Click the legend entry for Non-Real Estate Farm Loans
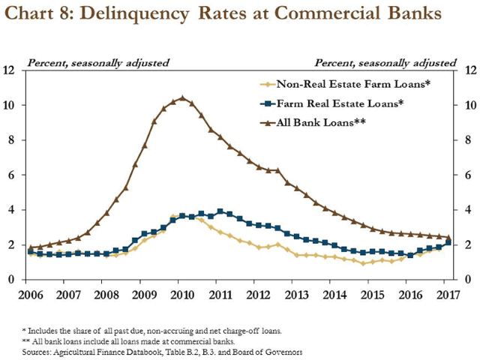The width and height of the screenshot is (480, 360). pos(342,84)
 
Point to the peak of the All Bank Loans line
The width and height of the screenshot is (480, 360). pos(182,97)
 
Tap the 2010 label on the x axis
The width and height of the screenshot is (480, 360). pos(179,294)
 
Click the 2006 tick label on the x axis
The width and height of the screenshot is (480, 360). pos(31,294)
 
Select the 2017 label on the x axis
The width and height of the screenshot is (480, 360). pos(445,294)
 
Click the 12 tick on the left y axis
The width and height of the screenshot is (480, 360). pos(10,70)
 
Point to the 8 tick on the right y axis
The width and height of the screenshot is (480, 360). pos(469,140)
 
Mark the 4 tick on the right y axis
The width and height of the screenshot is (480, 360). pos(469,210)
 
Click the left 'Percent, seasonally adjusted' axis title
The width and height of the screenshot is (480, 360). pos(98,61)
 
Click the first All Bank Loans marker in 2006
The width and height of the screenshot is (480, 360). pos(31,247)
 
